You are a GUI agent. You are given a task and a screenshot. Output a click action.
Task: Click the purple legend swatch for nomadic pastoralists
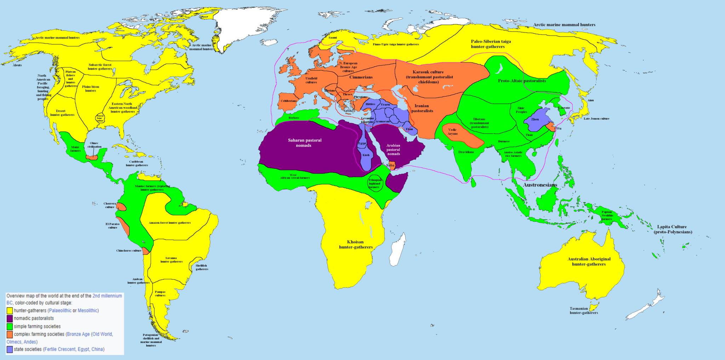(x=10, y=318)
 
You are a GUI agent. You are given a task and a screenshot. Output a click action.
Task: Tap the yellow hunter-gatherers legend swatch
(x=10, y=310)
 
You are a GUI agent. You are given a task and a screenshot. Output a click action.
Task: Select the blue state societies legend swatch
(x=10, y=349)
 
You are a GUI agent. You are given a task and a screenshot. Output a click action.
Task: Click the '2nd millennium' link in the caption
(x=107, y=296)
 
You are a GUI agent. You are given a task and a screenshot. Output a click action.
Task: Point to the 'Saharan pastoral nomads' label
(x=304, y=143)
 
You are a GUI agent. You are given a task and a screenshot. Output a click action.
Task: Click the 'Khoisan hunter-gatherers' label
(x=356, y=245)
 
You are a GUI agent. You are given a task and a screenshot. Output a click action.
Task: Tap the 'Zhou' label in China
(x=535, y=119)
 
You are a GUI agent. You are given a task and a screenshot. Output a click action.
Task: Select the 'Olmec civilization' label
(x=94, y=145)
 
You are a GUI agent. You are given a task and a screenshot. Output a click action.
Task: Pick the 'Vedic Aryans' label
(x=452, y=132)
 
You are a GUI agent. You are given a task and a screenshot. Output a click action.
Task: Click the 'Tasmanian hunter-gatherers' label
(x=584, y=310)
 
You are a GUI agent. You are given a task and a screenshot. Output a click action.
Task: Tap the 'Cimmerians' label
(x=361, y=77)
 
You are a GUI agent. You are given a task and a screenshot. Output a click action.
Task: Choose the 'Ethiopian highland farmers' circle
(x=375, y=183)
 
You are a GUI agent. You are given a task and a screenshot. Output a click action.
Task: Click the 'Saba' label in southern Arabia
(x=390, y=165)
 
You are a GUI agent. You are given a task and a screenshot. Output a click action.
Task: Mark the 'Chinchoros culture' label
(x=129, y=251)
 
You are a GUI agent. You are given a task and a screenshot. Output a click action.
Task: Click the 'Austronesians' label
(x=540, y=185)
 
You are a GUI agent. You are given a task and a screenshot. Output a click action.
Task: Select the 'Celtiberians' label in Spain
(x=289, y=101)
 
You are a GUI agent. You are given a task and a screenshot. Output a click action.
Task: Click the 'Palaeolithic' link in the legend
(x=60, y=310)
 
